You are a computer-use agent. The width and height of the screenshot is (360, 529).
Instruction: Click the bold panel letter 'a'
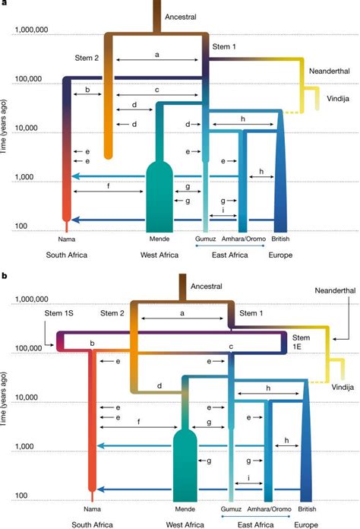(5, 4)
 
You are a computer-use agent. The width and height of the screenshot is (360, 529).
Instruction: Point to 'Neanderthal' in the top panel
(329, 71)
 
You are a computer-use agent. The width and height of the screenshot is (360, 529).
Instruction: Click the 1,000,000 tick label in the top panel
(33, 31)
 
